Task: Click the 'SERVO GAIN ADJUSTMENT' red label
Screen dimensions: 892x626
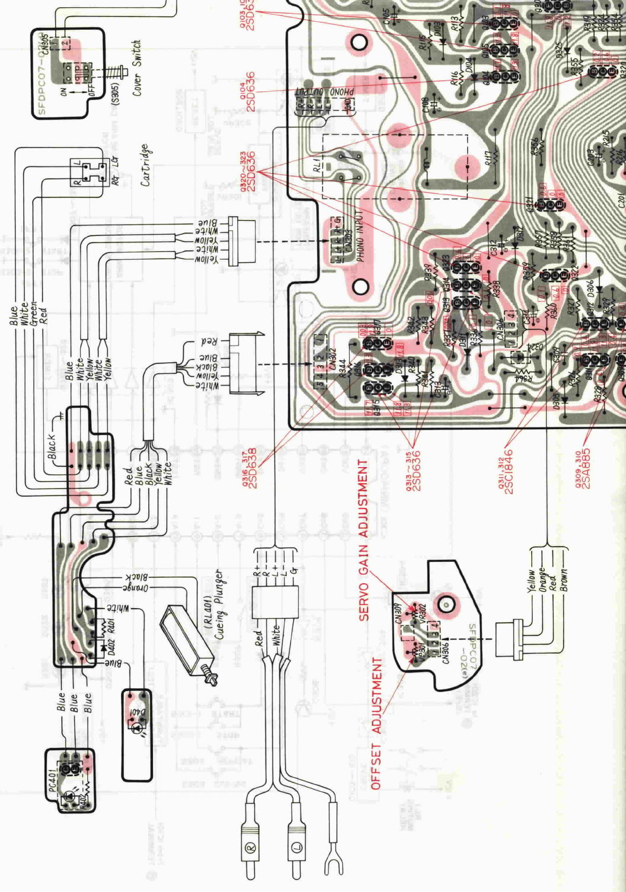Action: (363, 539)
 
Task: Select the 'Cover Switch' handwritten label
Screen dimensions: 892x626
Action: (137, 68)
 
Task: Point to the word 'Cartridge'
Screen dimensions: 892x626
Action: (145, 165)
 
